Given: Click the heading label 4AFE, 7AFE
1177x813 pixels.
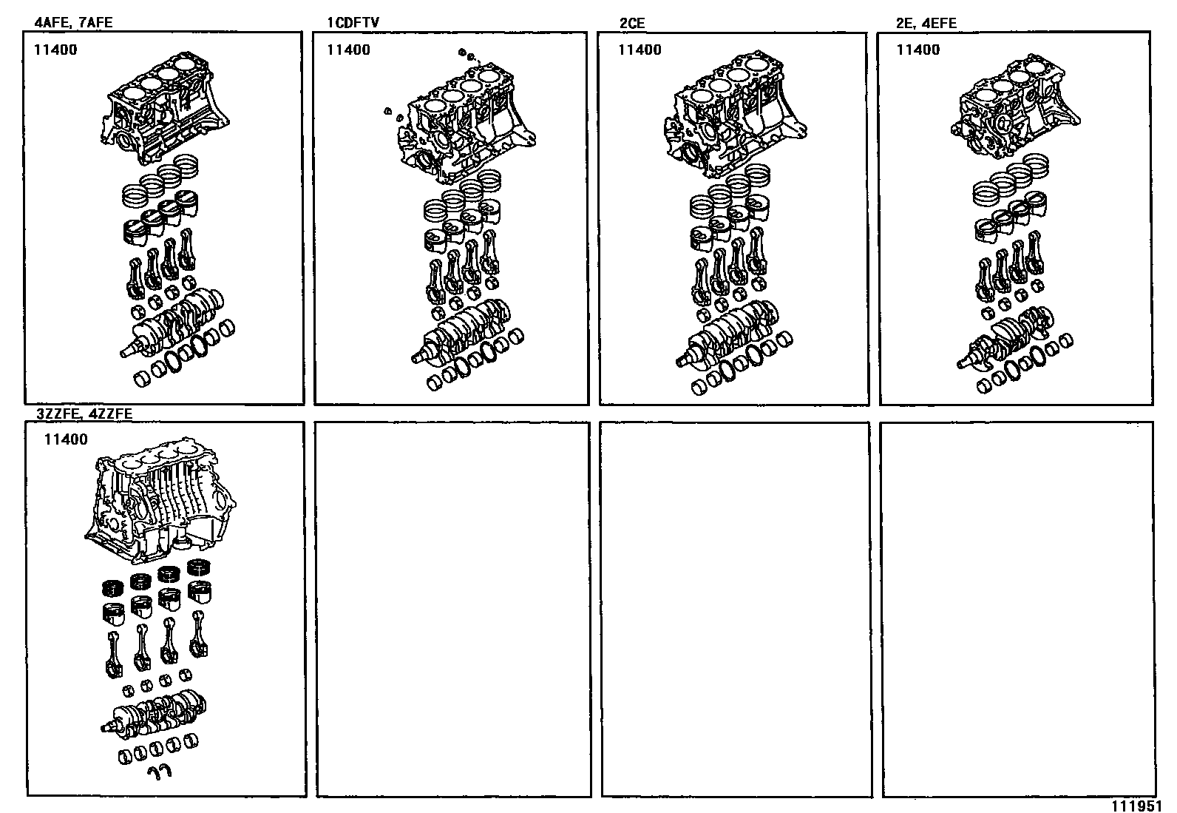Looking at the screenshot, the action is point(73,22).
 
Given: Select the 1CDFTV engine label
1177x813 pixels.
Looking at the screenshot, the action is point(353,22).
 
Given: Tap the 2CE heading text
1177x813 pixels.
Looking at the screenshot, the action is point(631,23).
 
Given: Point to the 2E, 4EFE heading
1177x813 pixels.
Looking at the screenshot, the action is point(926,23).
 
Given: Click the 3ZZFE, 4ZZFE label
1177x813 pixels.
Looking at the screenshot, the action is point(84,414).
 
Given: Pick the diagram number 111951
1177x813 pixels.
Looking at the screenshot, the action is point(1136,806).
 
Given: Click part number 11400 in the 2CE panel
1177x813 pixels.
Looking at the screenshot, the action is point(640,50).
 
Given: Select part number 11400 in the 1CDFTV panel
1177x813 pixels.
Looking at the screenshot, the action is point(348,50).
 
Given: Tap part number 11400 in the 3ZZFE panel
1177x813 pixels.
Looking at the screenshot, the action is point(66,439).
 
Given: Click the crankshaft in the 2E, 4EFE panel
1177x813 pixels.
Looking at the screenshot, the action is point(1005,341).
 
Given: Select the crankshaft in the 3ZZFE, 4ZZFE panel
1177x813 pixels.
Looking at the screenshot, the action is point(154,714).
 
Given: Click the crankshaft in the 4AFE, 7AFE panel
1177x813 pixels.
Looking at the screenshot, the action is point(172,323).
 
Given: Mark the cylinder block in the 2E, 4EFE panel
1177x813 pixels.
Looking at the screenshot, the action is point(1014,104).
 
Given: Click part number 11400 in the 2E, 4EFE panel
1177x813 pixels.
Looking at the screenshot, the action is point(918,50).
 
